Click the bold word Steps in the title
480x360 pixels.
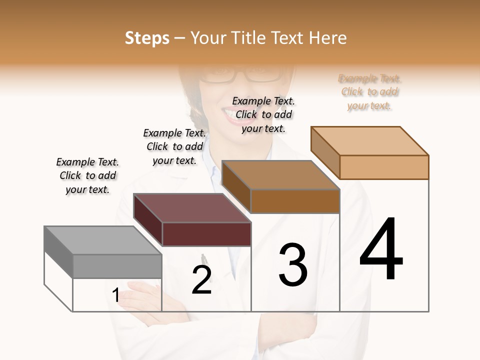[x=147, y=38]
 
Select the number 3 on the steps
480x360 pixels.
[x=292, y=264]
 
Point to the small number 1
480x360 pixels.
[x=115, y=295]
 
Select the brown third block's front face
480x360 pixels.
[x=295, y=201]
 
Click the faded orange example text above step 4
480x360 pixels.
[x=370, y=92]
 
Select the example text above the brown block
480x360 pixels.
[x=264, y=114]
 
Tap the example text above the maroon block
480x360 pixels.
[x=174, y=146]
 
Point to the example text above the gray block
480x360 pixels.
[x=87, y=175]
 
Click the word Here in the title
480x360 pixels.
[x=328, y=38]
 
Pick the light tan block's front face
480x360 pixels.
[x=384, y=167]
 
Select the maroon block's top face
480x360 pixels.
[x=192, y=208]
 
